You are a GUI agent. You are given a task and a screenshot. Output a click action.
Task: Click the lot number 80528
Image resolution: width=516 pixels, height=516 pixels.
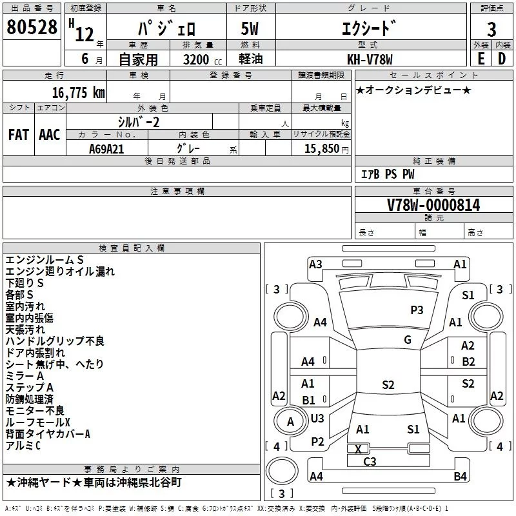point(32,27)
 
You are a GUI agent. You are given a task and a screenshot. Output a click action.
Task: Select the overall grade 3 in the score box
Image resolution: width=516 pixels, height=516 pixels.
point(491,29)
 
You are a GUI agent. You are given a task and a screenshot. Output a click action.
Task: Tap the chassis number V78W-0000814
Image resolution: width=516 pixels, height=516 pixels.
point(433,204)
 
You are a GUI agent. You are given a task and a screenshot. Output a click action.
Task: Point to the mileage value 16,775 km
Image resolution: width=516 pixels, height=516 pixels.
point(79,93)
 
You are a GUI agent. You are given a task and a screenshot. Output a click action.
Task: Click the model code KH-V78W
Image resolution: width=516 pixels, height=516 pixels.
point(370,59)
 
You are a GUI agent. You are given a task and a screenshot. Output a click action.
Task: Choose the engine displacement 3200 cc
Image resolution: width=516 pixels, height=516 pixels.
point(203,59)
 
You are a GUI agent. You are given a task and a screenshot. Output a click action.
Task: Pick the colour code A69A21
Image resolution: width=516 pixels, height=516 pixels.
point(106,149)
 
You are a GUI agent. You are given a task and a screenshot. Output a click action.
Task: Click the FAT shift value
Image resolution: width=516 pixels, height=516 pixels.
point(19,135)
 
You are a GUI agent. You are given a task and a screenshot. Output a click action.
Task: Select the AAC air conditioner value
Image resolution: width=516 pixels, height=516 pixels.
point(50,135)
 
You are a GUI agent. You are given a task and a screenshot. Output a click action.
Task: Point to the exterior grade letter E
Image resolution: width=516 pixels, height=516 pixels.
point(481,59)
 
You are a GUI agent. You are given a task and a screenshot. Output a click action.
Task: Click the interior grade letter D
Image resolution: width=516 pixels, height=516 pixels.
point(502,59)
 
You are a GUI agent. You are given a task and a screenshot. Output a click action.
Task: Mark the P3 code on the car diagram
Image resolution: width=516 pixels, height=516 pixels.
point(417,310)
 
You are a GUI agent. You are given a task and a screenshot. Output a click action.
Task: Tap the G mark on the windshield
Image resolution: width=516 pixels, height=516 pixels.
point(408,340)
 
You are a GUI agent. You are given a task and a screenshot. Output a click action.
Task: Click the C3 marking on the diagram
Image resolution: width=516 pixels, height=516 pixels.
point(370,461)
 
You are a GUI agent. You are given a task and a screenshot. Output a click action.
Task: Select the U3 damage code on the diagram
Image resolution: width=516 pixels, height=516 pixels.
point(317,418)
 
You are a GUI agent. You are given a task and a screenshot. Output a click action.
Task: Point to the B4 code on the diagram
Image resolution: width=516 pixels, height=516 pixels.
point(460,476)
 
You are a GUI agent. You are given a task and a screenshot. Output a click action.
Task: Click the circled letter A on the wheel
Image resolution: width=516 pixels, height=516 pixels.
point(290,422)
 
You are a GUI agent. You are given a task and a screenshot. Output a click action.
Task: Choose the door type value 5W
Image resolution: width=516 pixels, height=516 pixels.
point(250,28)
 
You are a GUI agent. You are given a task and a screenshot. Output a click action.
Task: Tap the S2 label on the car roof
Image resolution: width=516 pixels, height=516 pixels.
point(388,384)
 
